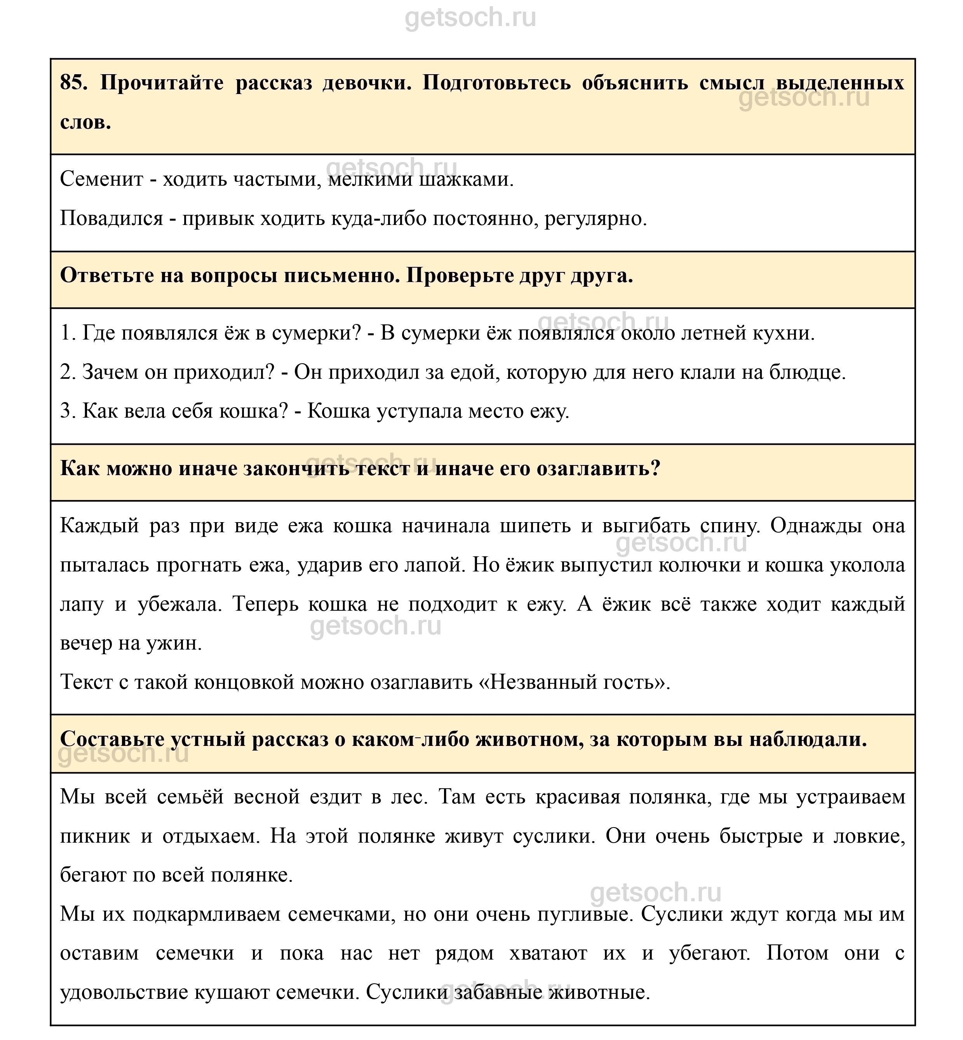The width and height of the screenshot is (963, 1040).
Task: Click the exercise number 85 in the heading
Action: (x=73, y=83)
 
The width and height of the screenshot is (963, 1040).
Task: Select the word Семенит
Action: (x=102, y=179)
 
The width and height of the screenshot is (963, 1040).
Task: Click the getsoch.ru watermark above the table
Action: (x=470, y=18)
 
